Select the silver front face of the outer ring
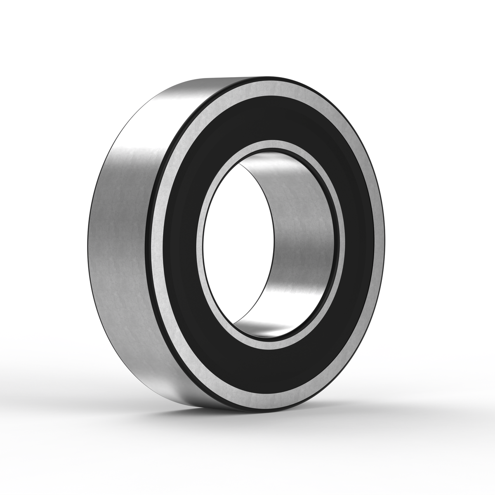(x=159, y=231)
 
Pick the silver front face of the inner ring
(x=202, y=231)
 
